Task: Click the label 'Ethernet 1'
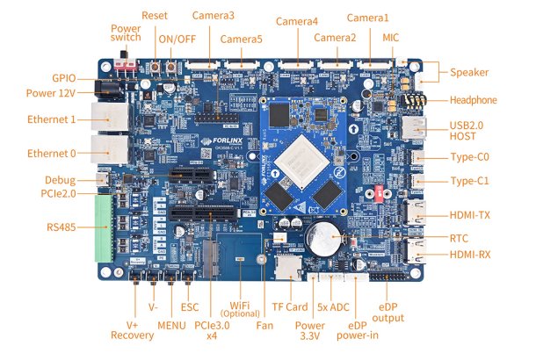coord(51,119)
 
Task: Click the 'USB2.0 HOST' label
coord(471,132)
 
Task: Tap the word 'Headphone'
coord(473,100)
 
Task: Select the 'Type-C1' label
coord(469,181)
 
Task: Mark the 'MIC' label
coord(391,38)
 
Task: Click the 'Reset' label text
coord(154,16)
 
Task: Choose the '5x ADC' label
coord(335,307)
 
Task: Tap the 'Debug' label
coord(60,180)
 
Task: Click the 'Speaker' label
coord(469,72)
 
